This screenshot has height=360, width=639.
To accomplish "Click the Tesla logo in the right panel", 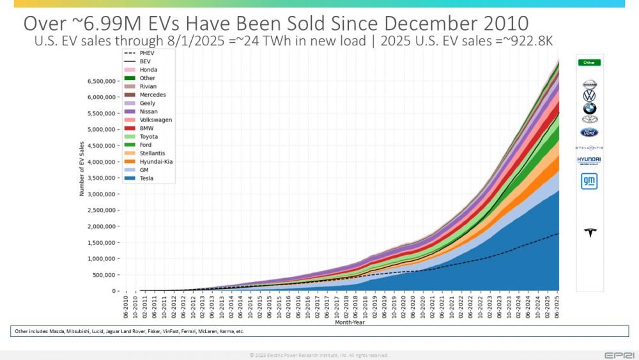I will click(x=589, y=233).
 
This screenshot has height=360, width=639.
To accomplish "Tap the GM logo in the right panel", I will click(x=589, y=182).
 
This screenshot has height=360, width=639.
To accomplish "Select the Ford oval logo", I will click(x=589, y=132).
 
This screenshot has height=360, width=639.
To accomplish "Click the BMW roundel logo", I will click(x=589, y=108).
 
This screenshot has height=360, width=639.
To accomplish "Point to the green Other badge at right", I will click(x=589, y=63).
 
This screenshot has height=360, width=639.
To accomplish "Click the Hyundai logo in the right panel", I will click(x=589, y=160).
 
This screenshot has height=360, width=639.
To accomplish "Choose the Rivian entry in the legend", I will click(x=148, y=86).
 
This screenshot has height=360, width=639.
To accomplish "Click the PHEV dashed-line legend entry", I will click(x=147, y=53).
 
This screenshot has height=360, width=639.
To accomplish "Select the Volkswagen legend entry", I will click(x=155, y=120).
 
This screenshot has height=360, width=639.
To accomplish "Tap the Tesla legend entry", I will click(x=147, y=178).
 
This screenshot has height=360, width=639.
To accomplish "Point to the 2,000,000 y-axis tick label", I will click(x=98, y=226).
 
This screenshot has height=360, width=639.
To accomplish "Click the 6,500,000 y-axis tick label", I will click(x=98, y=81).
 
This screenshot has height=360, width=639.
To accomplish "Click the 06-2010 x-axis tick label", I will click(x=127, y=306).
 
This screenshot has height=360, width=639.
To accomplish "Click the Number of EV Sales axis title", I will click(x=81, y=169).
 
